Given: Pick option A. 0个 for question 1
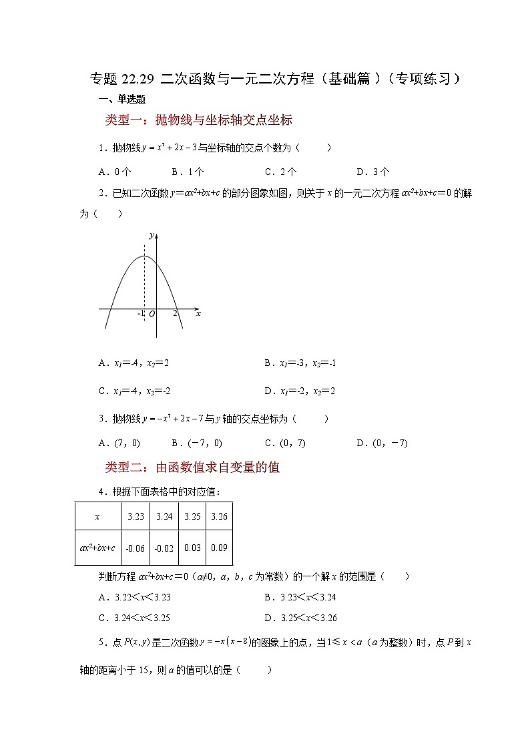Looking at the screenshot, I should coord(114,172).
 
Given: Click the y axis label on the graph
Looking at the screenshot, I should coord(152,235).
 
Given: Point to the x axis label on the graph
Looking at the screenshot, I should coord(198,313).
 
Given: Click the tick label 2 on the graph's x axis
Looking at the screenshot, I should coord(176,313).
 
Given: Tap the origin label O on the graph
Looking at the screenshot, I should coord(152,314).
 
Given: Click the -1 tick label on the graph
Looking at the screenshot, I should coord(140,313).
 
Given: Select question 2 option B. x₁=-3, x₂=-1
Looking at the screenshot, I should coord(300,363).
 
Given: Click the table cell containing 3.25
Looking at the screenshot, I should coord(192,516).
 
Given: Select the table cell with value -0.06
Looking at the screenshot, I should coord(136,548).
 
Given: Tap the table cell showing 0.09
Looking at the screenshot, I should coord(219,548).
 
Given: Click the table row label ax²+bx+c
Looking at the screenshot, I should coord(97,548).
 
